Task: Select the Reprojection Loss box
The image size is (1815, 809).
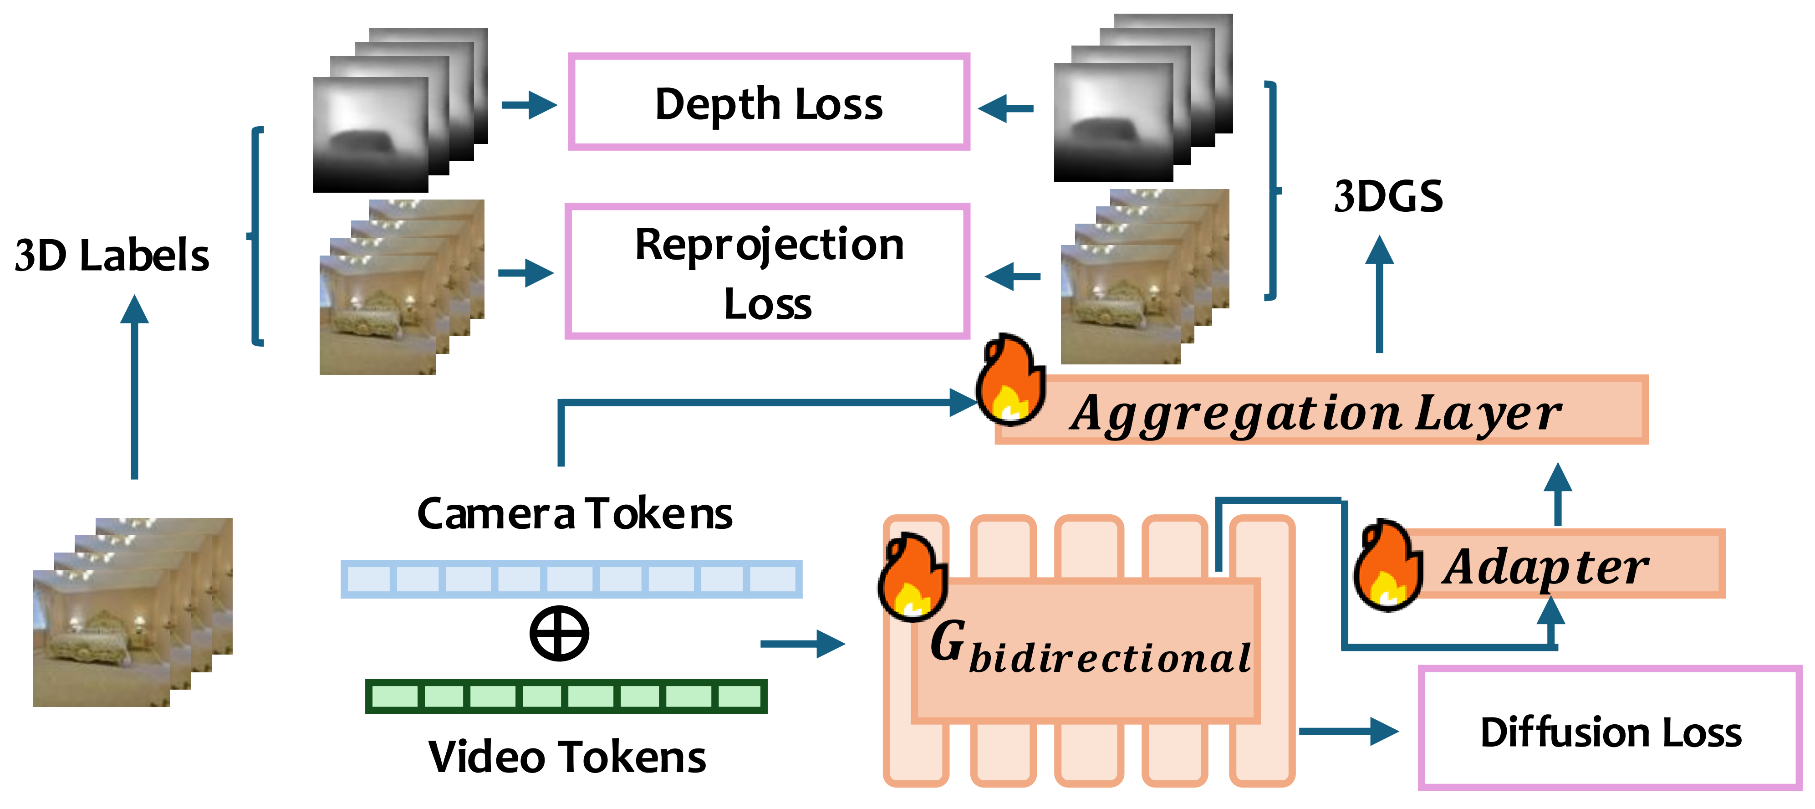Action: coord(768,272)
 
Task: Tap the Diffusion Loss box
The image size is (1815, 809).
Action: coord(1610,729)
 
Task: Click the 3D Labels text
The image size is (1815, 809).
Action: coord(111,255)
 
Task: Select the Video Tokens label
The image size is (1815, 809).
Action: coord(567,757)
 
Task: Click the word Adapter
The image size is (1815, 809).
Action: coord(1546,567)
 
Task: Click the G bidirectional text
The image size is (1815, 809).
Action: coord(1089,648)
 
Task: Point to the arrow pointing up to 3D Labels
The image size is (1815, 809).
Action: coord(134,388)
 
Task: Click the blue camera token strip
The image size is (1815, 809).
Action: coord(571,579)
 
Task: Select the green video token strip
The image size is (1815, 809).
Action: coord(566,696)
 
